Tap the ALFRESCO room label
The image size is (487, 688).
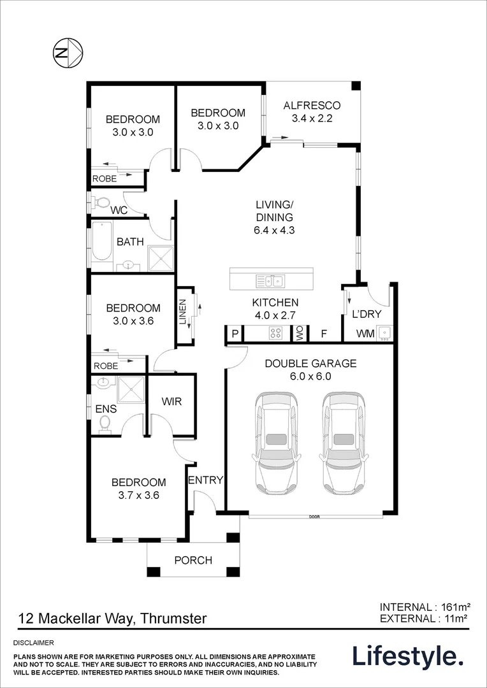click(312, 105)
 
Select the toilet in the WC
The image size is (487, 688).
click(101, 203)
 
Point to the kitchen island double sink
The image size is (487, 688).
click(270, 280)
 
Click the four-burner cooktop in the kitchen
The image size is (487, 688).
click(276, 333)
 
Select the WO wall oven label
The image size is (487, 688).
click(301, 334)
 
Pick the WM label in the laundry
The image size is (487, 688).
click(365, 334)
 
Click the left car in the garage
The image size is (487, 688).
click(276, 443)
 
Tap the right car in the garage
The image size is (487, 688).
click(344, 443)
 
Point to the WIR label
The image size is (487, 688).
click(171, 401)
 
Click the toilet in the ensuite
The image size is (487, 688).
click(105, 424)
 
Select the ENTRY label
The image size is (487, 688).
click(206, 480)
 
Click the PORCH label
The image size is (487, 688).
click(193, 561)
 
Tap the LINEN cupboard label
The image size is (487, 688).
click(183, 312)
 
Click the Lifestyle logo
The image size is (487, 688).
click(408, 657)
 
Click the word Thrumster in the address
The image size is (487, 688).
click(174, 619)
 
